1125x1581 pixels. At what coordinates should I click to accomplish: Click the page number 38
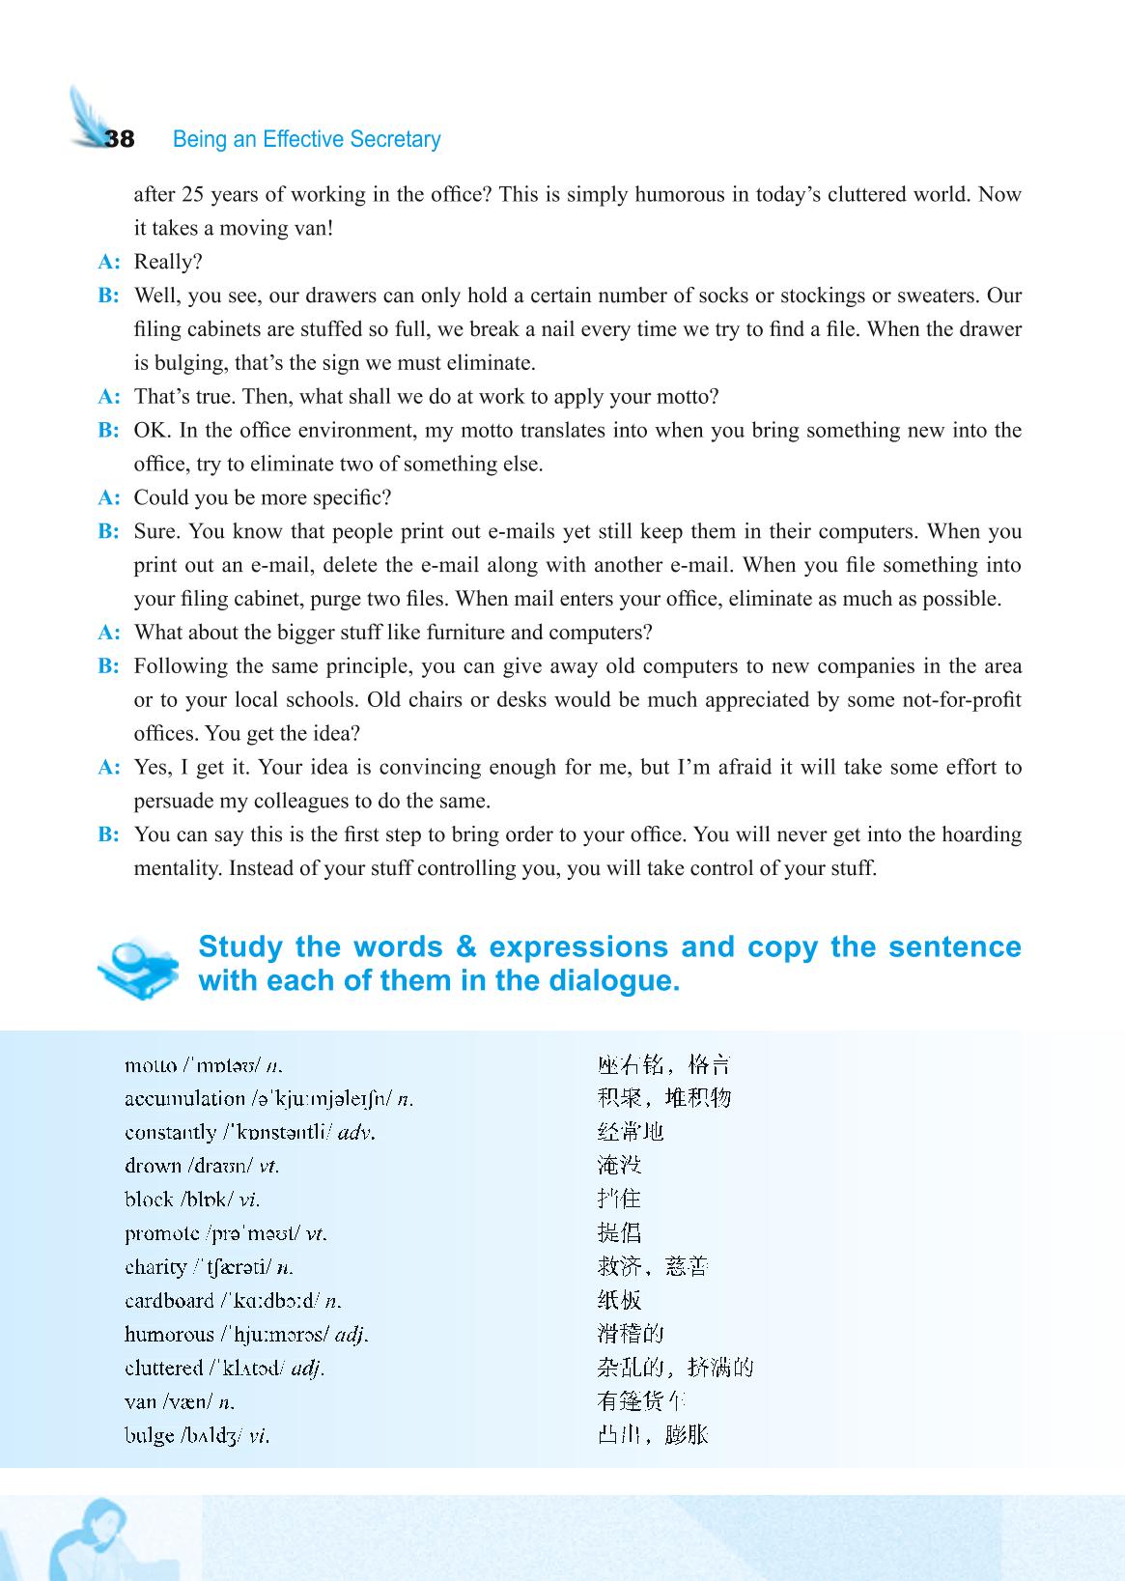120,139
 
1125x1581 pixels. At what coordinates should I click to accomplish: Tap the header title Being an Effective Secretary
306,139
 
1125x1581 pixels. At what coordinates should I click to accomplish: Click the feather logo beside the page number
87,113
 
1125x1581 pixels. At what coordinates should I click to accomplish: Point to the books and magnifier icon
138,966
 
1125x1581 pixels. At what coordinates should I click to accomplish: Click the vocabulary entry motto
151,1065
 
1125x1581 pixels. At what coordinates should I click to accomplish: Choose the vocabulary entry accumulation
184,1099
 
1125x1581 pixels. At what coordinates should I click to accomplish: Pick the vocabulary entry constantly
171,1132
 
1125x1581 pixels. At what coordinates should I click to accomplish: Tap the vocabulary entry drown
153,1166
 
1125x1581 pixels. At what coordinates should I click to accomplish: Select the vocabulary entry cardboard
170,1300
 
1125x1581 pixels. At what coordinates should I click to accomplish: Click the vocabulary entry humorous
170,1334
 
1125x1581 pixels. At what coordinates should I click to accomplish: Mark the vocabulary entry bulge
150,1435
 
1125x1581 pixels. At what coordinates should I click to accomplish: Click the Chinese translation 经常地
631,1132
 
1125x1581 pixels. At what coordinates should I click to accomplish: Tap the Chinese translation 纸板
619,1300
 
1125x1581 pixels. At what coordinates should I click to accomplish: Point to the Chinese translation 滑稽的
631,1334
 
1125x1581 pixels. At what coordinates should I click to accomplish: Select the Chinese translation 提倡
619,1233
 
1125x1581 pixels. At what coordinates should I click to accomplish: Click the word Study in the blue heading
239,946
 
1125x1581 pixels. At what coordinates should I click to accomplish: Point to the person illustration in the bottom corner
92,1540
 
